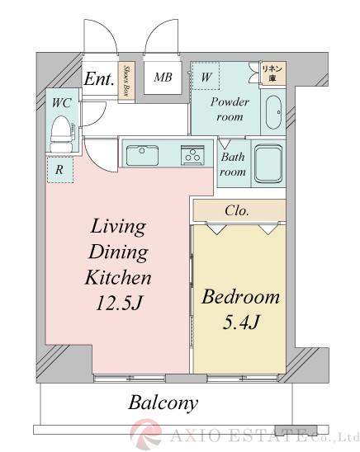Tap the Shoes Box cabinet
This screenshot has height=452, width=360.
(128, 82)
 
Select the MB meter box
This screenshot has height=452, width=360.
(163, 78)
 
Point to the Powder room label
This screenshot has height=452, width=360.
(229, 110)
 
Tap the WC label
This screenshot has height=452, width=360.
(60, 104)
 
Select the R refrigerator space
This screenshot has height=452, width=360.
(59, 170)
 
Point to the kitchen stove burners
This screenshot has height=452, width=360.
(193, 153)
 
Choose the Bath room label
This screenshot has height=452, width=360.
(232, 164)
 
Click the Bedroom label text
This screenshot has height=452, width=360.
(240, 297)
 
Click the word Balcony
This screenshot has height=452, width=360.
(163, 403)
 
